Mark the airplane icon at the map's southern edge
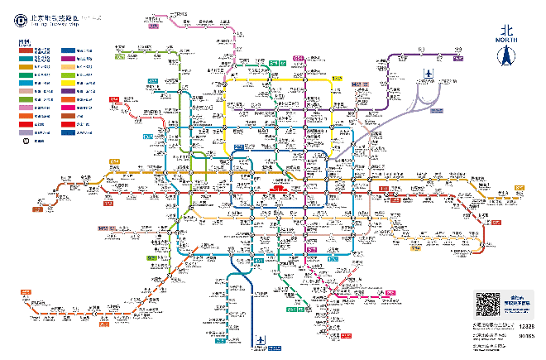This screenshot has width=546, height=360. pyautogui.click(x=262, y=341)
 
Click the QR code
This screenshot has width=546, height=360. pyautogui.click(x=486, y=305)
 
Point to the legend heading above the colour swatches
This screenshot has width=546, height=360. pyautogui.click(x=25, y=40)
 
